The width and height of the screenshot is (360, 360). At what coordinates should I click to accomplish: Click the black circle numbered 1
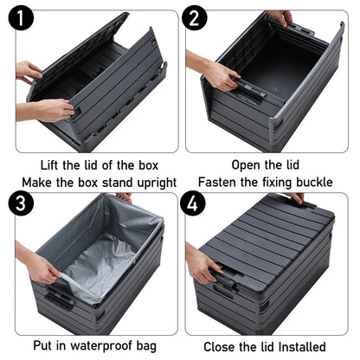click(21, 18)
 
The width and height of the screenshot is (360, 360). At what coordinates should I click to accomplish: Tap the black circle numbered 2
click(194, 18)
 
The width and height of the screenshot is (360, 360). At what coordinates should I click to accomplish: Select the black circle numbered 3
click(21, 202)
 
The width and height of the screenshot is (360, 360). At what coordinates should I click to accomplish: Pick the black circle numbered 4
click(193, 202)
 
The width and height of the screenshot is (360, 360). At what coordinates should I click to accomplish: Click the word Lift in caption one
click(49, 165)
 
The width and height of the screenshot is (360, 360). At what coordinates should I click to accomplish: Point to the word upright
click(157, 183)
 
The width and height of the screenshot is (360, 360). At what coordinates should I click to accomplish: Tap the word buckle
click(315, 183)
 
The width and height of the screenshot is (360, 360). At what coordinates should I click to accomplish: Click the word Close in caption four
click(219, 347)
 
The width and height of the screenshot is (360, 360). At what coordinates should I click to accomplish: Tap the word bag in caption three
click(147, 346)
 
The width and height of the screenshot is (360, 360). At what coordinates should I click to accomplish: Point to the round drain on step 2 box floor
click(276, 88)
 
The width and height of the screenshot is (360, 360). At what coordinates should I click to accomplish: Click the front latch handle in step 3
click(60, 299)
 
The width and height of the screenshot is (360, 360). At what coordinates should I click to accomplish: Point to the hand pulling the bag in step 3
click(43, 270)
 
